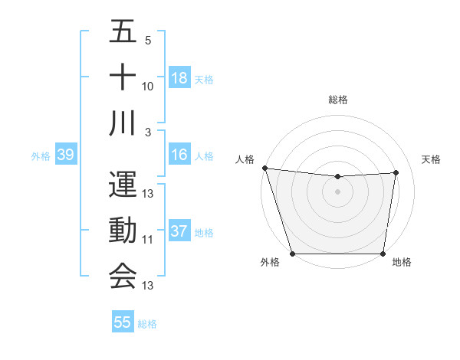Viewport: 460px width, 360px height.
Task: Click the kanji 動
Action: point(123,230)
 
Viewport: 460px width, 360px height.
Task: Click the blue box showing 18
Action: point(179,77)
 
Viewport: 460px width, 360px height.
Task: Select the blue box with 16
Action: point(179,155)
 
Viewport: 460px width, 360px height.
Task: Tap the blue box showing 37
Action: point(179,231)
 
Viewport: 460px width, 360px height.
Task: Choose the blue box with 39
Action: point(65,155)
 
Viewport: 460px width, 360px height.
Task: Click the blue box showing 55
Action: point(123,322)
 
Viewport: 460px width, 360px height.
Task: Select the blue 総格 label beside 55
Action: point(147,323)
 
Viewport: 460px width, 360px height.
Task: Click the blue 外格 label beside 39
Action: point(41,156)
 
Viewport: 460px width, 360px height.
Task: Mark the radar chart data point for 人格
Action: point(264,168)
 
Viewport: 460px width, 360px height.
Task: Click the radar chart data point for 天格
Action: point(396,172)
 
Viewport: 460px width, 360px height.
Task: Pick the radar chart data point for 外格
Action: point(292,254)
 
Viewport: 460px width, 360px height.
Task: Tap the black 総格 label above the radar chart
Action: point(337,100)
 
